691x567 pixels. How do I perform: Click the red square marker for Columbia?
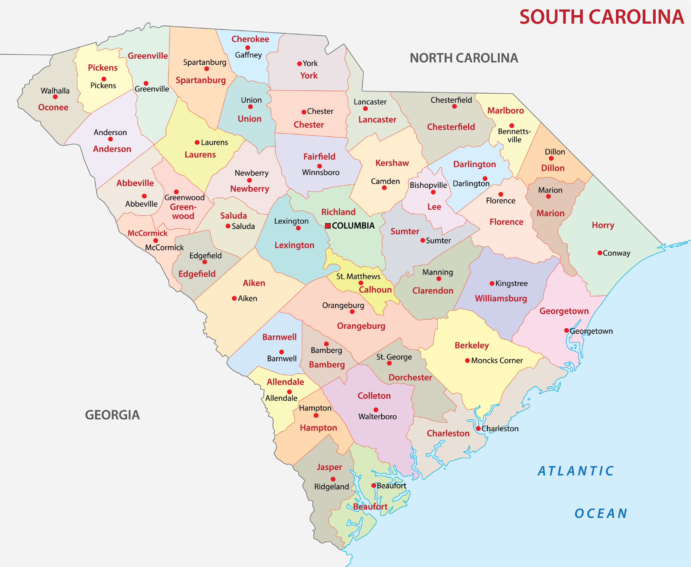point(328,226)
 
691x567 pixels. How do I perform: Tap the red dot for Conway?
point(600,253)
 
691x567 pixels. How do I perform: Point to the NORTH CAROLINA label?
point(464,58)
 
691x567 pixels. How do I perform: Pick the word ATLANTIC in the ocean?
point(576,471)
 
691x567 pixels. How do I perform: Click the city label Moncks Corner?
point(497,360)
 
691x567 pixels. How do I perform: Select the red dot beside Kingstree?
point(492,283)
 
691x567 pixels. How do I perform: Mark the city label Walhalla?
point(55,90)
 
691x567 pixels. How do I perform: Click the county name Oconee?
point(53,107)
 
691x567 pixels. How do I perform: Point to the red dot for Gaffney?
point(248,48)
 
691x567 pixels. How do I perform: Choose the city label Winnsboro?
point(320,172)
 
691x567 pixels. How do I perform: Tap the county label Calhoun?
point(375,290)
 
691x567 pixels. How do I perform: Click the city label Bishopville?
point(428,185)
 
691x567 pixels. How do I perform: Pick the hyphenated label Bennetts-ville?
point(514,135)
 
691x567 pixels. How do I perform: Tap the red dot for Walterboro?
point(376,410)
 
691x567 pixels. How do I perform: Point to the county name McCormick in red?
point(147,233)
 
